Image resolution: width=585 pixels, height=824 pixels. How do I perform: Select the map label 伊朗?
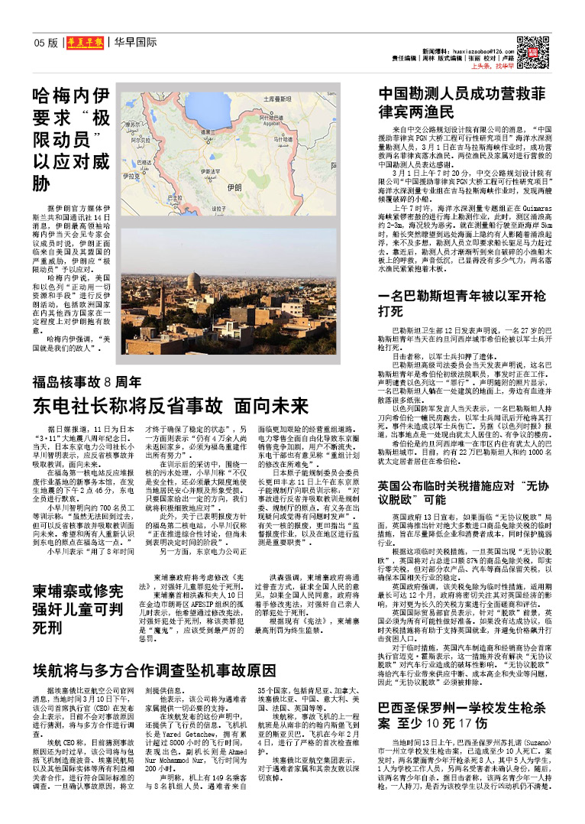[234, 187]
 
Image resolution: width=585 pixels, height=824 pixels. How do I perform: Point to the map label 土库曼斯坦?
[279, 99]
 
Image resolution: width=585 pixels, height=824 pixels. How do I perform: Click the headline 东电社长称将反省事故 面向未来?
[170, 405]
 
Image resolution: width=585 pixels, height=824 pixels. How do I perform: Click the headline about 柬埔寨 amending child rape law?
[78, 608]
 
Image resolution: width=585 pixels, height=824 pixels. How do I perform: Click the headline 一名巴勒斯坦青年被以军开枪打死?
[463, 303]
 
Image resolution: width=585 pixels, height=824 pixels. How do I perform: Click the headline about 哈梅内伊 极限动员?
[73, 139]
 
